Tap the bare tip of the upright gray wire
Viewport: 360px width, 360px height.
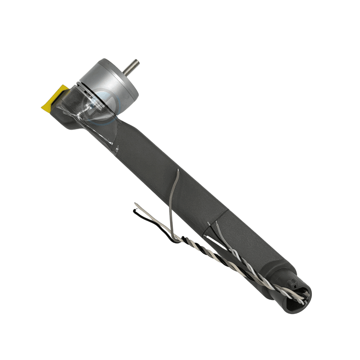tap(178, 171)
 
